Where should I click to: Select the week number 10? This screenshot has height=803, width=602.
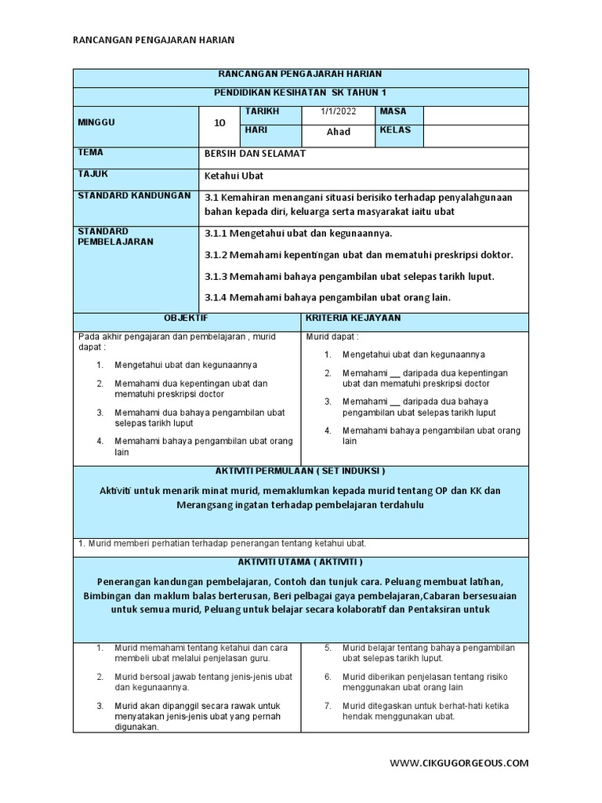coord(219,123)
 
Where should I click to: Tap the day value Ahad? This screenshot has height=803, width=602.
coord(338,132)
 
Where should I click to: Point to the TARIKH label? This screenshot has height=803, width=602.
coord(262,111)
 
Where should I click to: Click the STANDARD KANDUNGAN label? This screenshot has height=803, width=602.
coord(133,195)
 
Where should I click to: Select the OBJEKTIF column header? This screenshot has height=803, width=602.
coord(186,318)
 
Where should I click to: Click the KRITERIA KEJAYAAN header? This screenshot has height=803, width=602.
coord(343,318)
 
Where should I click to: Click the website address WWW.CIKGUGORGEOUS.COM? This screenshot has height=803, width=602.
coord(459,762)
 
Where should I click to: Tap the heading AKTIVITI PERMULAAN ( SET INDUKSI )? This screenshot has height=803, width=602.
coord(300,471)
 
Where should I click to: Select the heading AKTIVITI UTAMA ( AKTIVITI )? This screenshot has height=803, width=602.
coord(300,563)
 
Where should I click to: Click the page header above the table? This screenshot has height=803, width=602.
coord(153,39)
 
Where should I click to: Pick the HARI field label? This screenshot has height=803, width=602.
coord(257,130)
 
